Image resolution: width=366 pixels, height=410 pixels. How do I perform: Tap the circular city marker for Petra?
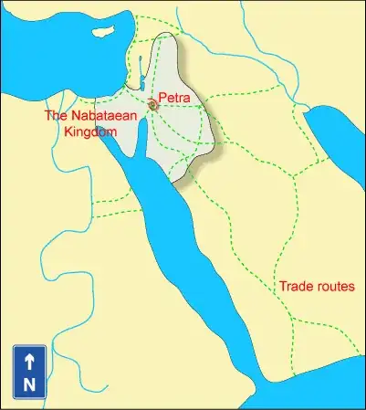point(152,106)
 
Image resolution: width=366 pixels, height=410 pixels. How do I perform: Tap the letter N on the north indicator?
point(29,384)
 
